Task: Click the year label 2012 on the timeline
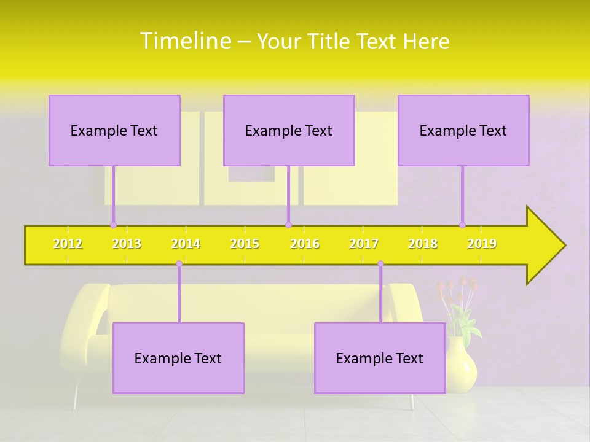point(68,244)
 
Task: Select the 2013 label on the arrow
point(127,244)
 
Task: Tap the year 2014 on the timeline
point(186,244)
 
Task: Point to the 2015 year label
point(245,244)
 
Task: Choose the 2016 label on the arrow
point(305,244)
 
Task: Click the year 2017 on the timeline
point(364,244)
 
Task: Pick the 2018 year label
point(423,244)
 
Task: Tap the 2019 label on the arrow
point(482,244)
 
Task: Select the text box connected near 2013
point(114,130)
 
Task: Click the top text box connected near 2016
point(289,130)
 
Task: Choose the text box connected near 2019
point(463,130)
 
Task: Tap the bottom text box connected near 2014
point(178,358)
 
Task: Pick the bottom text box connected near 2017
point(380,358)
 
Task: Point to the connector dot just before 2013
point(113,225)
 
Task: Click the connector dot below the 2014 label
point(179,264)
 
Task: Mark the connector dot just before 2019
point(463,225)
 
